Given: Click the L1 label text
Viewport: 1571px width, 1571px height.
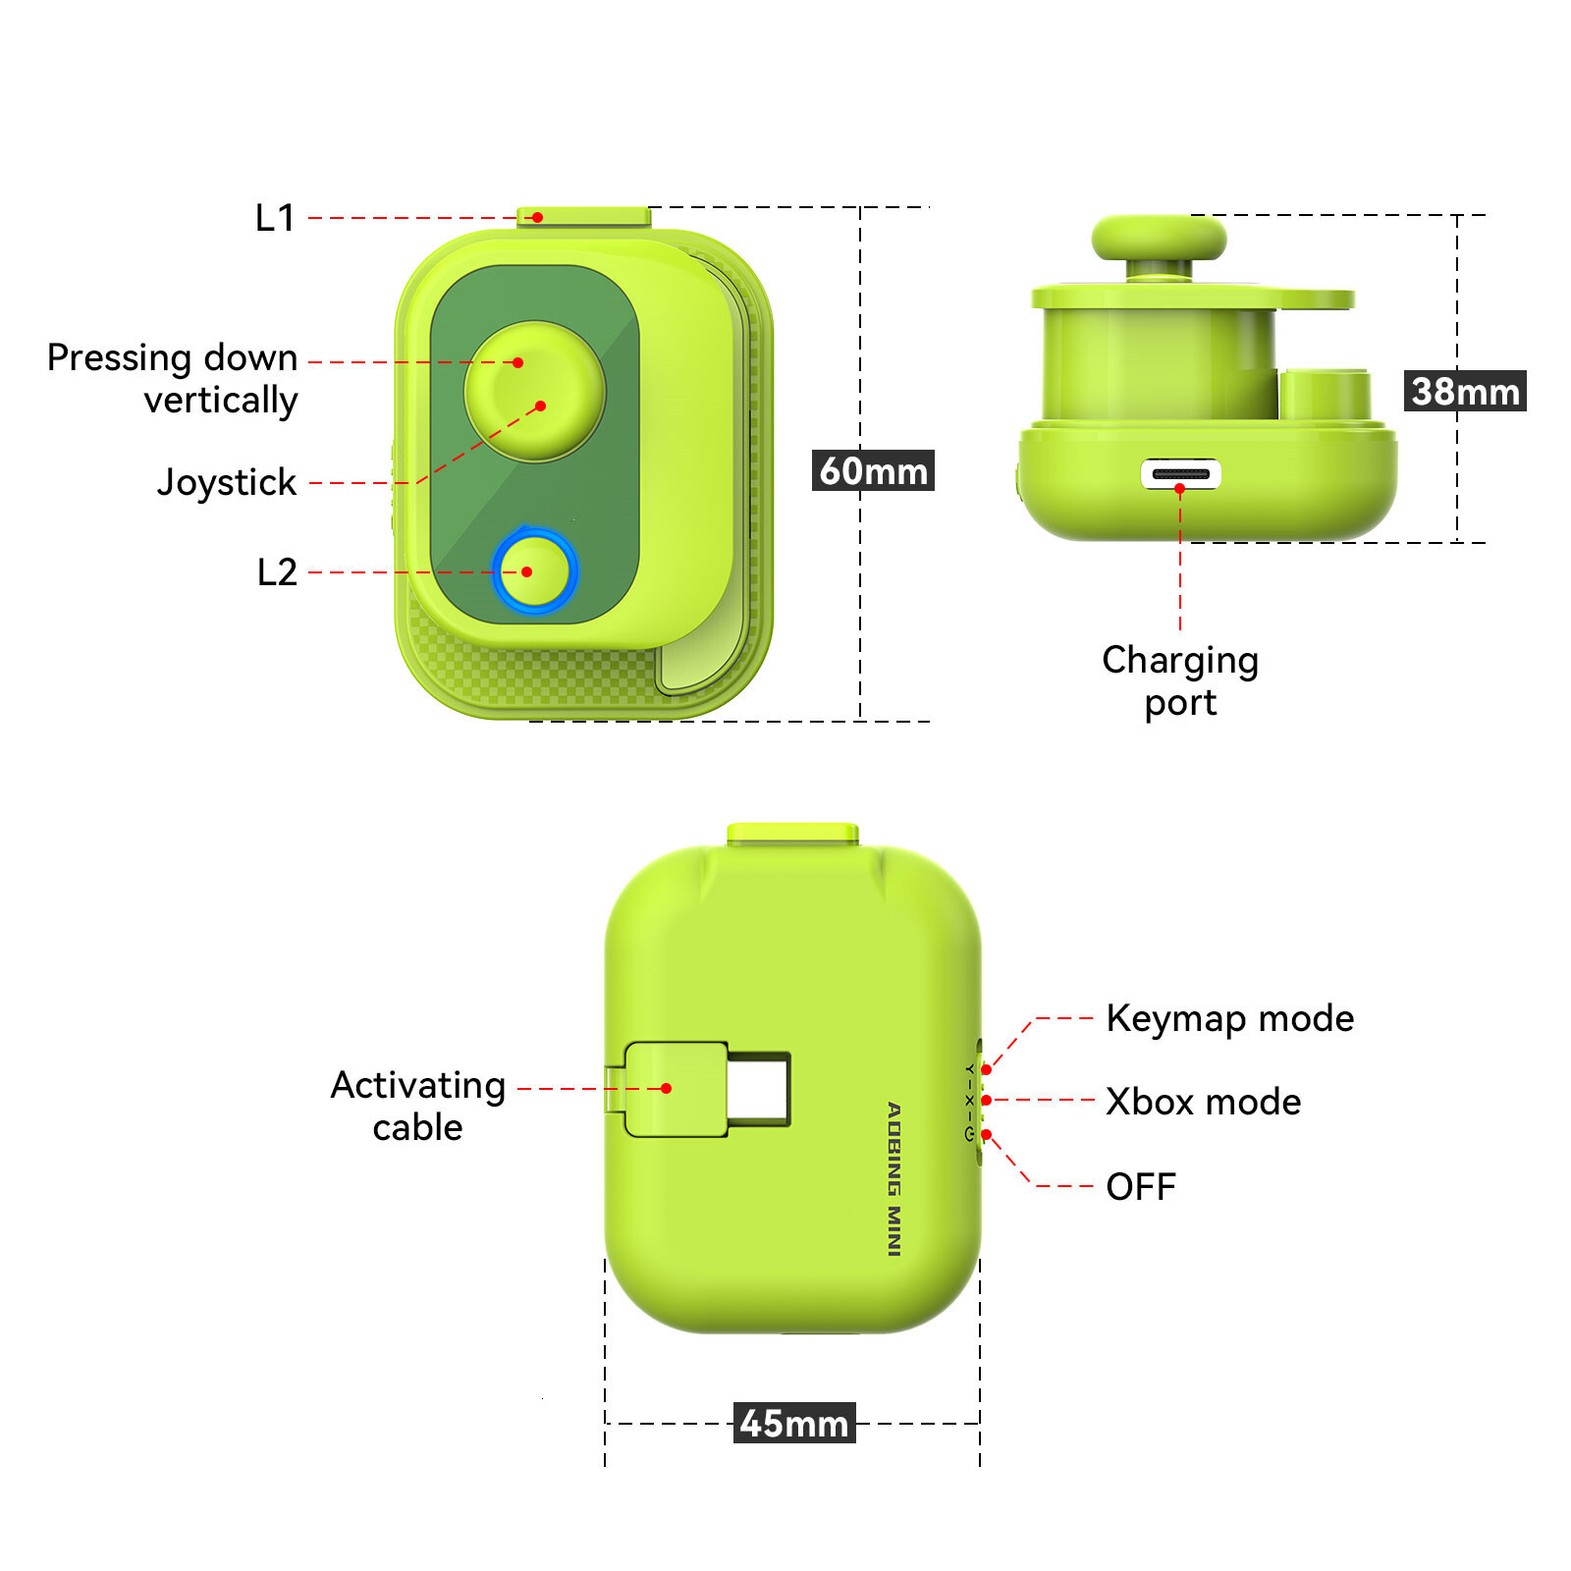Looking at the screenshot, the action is coord(275,218).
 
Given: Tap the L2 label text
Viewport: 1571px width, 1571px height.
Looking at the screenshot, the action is coord(277,572).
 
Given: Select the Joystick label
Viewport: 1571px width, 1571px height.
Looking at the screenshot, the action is coord(227,482).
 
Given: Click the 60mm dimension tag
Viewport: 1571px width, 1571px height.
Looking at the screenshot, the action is coord(873,470).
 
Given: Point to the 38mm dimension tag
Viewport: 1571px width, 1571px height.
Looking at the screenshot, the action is coord(1465,391).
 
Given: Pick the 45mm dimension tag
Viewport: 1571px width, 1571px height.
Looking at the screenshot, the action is coord(794,1423).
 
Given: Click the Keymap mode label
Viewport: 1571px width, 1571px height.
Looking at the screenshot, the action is coord(1230,1019).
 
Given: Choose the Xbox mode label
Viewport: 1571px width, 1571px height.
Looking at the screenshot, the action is coord(1204,1102).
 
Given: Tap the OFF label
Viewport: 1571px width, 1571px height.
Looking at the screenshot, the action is coord(1141,1187).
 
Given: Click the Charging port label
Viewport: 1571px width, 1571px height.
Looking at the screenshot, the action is coord(1180,681).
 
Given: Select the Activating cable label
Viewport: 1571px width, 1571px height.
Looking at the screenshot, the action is coord(418,1106).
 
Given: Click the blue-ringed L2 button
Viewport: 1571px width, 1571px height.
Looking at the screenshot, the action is coord(534,570).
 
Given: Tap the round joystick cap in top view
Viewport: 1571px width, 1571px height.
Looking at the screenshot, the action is coord(535,391).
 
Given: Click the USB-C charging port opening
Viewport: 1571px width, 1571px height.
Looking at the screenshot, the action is coord(1181,474).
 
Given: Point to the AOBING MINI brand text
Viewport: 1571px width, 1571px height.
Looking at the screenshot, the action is coord(894,1178).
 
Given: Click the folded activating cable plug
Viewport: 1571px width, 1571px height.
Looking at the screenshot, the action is coord(677,1090).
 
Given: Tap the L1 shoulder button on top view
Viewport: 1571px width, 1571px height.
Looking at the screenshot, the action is coord(583,217).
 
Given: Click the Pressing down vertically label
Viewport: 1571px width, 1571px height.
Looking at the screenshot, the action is coord(173,379).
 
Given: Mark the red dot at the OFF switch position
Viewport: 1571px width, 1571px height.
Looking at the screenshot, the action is coord(986,1135).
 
